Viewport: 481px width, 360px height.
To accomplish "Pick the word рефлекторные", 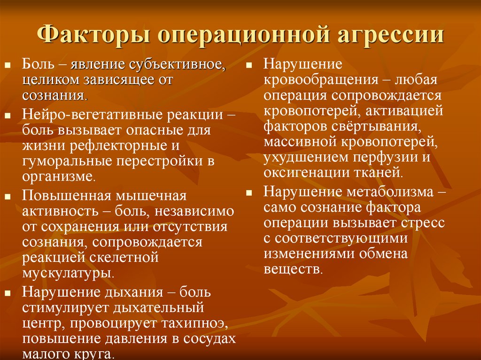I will [115, 146].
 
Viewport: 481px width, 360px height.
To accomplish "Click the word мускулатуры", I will [68, 272].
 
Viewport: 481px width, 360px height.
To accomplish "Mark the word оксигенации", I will [303, 172].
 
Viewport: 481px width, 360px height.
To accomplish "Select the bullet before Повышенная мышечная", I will [8, 196].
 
